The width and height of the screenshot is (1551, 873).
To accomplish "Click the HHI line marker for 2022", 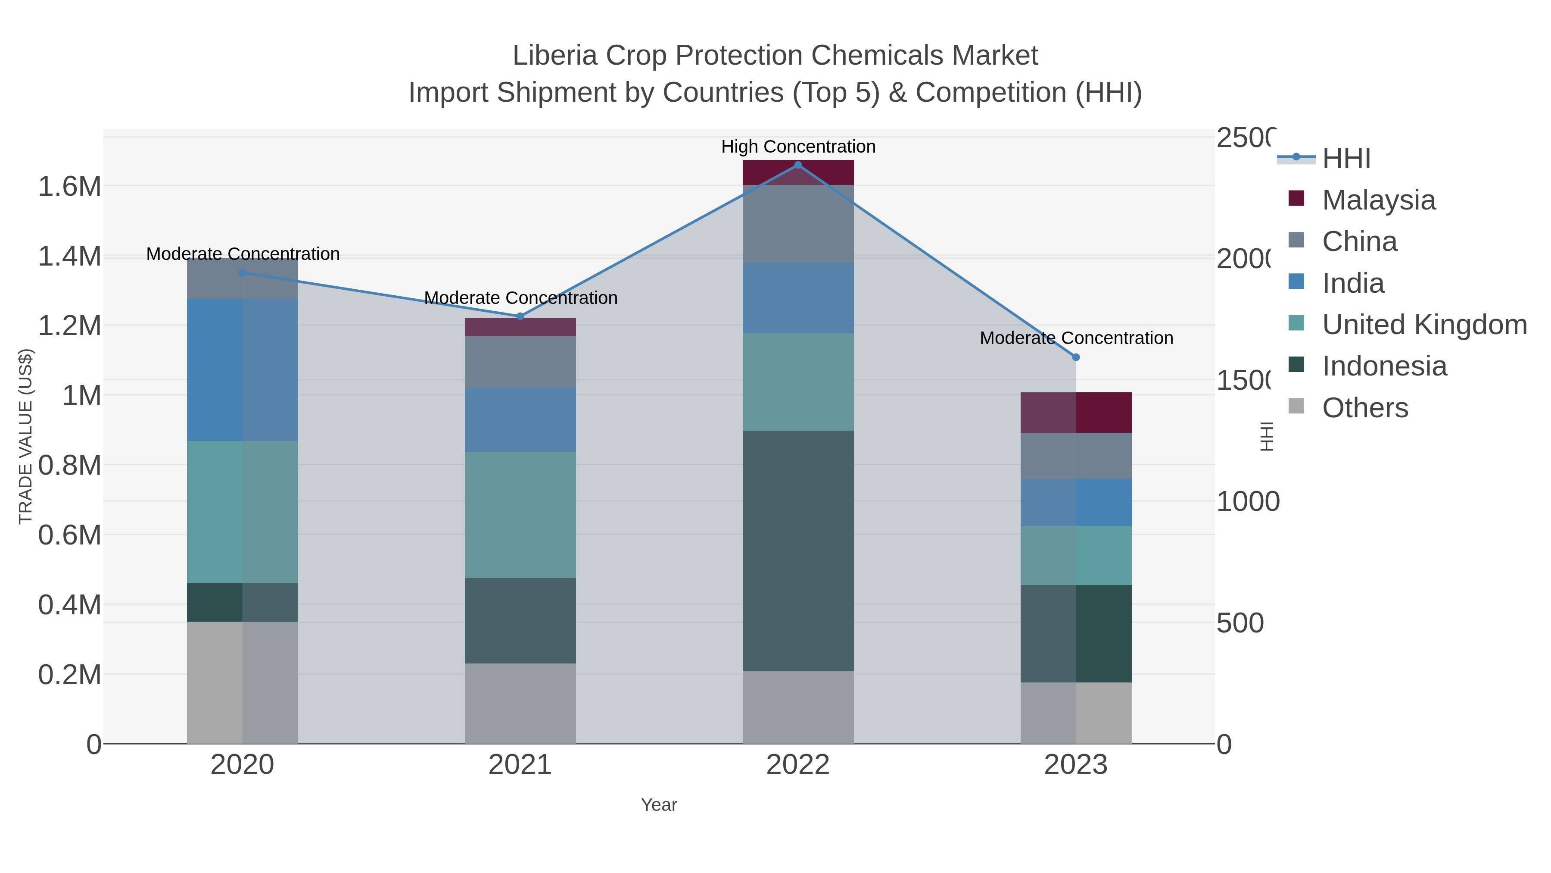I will pyautogui.click(x=798, y=165).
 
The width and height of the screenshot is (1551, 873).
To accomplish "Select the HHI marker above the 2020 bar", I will pyautogui.click(x=243, y=273).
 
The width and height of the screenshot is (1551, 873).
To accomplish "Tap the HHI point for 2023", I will pyautogui.click(x=1076, y=357).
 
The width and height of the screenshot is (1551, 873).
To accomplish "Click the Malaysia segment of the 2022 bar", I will pyautogui.click(x=798, y=173).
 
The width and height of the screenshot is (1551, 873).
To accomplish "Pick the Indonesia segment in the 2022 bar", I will pyautogui.click(x=798, y=551).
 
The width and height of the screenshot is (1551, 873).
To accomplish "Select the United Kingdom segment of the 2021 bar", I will pyautogui.click(x=520, y=515).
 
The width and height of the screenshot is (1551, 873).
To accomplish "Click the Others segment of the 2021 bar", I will pyautogui.click(x=520, y=703).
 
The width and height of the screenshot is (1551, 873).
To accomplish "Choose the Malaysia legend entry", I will pyautogui.click(x=1378, y=200).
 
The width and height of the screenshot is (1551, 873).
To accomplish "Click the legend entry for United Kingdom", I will pyautogui.click(x=1424, y=325).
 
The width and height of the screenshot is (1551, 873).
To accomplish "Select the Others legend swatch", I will pyautogui.click(x=1296, y=407).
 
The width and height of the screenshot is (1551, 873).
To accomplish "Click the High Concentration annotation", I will pyautogui.click(x=798, y=147).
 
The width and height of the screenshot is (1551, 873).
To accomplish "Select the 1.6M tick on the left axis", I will pyautogui.click(x=70, y=187).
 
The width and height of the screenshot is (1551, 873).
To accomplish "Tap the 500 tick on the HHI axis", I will pyautogui.click(x=1240, y=623).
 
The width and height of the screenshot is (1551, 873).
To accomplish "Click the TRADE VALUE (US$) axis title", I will pyautogui.click(x=25, y=437).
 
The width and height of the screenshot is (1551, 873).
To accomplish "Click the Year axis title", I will pyautogui.click(x=659, y=805).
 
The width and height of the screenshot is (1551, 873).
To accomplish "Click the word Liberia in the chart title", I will pyautogui.click(x=554, y=56).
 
